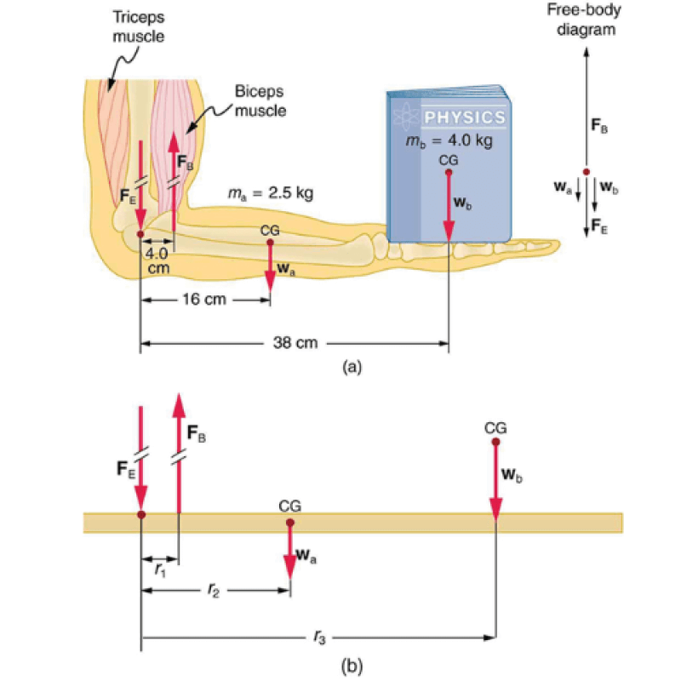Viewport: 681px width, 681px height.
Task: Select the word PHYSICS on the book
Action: pyautogui.click(x=464, y=117)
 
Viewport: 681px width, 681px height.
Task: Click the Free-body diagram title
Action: pyautogui.click(x=587, y=20)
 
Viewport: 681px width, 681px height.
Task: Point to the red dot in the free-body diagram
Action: pyautogui.click(x=586, y=172)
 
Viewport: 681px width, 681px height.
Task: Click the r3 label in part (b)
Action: pyautogui.click(x=318, y=635)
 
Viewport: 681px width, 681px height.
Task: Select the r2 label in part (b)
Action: pyautogui.click(x=216, y=590)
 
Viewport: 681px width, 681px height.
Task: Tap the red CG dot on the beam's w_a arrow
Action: pyautogui.click(x=290, y=523)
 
